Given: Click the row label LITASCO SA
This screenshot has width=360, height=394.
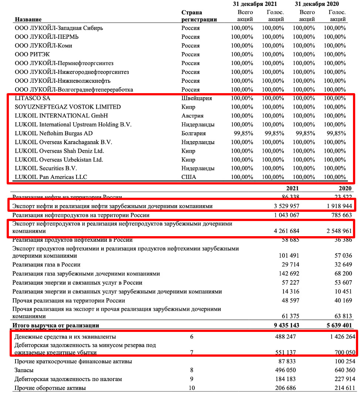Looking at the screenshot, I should pos(33,98).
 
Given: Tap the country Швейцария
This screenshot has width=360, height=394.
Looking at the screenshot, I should pos(197,98).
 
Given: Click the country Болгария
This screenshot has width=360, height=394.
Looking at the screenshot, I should pos(194,133).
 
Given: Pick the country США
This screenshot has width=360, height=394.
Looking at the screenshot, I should pos(189,177).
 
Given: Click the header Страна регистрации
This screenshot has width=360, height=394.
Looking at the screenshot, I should pos(199,16).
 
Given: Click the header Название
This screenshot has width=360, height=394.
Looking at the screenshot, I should pos(28,19).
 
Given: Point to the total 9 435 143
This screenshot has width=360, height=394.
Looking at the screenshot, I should pos(285,325).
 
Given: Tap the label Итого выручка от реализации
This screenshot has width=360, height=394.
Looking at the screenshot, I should pos(55,325).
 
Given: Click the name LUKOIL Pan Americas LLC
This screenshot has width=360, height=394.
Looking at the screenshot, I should pos(51,177).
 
